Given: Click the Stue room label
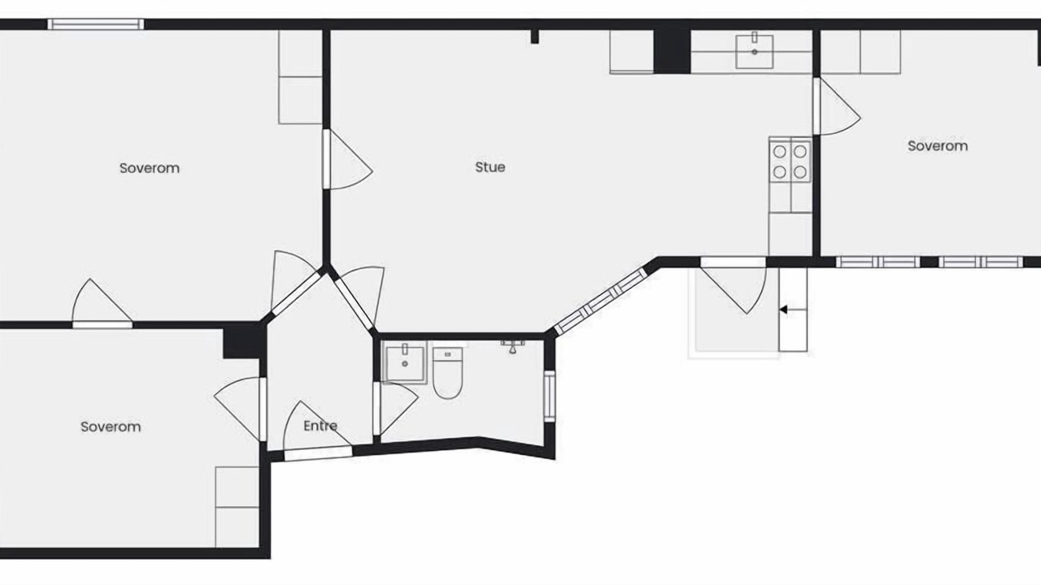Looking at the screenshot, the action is pyautogui.click(x=490, y=167).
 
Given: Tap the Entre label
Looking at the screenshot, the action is pyautogui.click(x=320, y=426).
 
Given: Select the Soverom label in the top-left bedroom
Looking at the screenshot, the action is pyautogui.click(x=149, y=168).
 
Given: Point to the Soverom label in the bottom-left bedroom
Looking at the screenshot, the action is pyautogui.click(x=111, y=427).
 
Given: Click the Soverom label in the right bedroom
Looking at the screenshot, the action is pyautogui.click(x=938, y=145).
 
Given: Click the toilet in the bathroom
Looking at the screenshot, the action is pyautogui.click(x=447, y=373).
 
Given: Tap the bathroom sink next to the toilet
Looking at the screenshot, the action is pyautogui.click(x=404, y=362).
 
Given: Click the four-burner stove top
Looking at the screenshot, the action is pyautogui.click(x=790, y=162).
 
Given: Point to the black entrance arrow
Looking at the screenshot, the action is pyautogui.click(x=783, y=310).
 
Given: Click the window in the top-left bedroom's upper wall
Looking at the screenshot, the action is pyautogui.click(x=96, y=24).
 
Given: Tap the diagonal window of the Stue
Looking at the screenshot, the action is pyautogui.click(x=601, y=301).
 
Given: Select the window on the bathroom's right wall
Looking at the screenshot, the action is pyautogui.click(x=549, y=396).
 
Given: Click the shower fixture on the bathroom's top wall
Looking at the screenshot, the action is pyautogui.click(x=512, y=346).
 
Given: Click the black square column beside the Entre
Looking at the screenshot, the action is pyautogui.click(x=242, y=341).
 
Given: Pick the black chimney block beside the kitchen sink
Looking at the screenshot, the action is pyautogui.click(x=672, y=51).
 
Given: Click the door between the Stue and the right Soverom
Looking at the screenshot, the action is pyautogui.click(x=835, y=106).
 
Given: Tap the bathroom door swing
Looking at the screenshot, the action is pyautogui.click(x=395, y=409).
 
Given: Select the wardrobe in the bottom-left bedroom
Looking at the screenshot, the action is pyautogui.click(x=237, y=507).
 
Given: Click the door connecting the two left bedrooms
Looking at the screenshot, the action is pyautogui.click(x=102, y=302).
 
